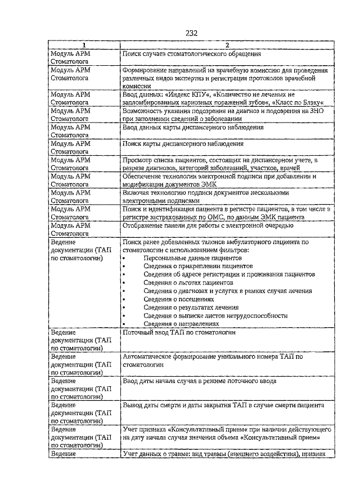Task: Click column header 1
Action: coord(84,45)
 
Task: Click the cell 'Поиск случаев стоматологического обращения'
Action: coord(192,54)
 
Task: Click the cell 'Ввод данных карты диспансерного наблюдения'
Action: coord(193,128)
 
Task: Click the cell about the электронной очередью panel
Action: coord(208,225)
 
